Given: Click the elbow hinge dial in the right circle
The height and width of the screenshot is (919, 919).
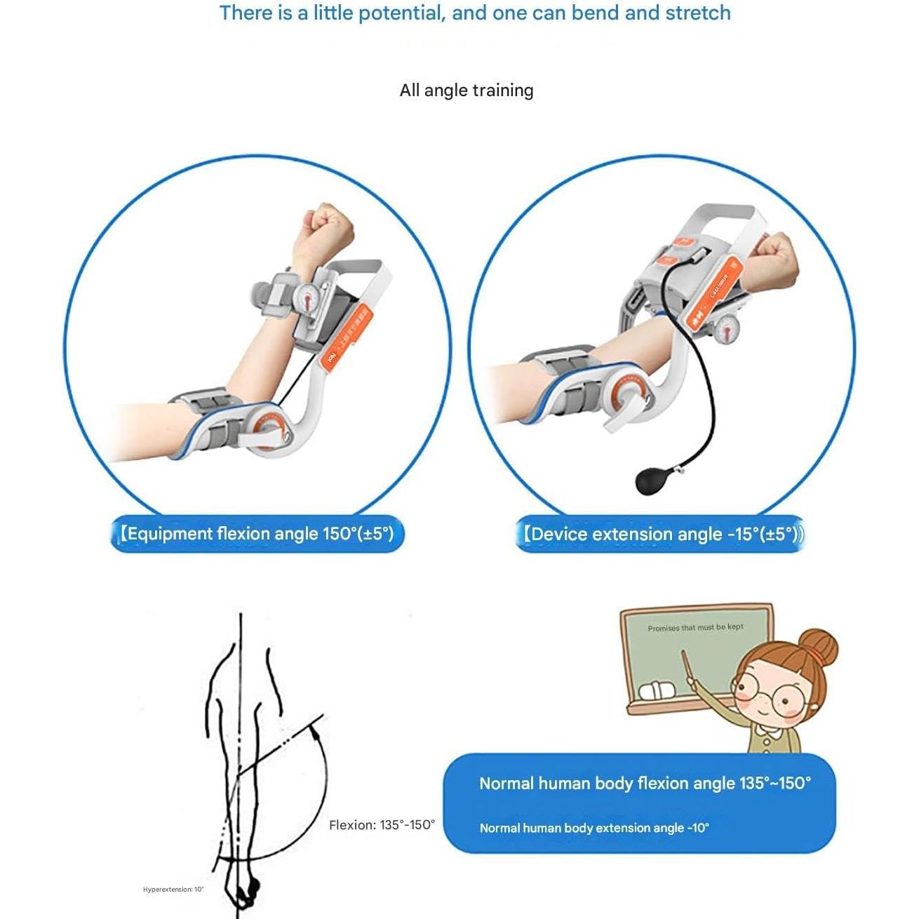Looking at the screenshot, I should coord(628,397).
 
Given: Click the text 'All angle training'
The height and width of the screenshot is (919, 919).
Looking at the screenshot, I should coord(467,90).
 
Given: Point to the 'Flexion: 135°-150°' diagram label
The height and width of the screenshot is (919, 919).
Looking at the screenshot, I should coord(382,825).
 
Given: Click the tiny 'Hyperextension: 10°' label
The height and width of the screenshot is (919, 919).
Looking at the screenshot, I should coord(173,890).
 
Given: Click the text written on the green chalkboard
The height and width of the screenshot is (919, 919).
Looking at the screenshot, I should coord(695,628).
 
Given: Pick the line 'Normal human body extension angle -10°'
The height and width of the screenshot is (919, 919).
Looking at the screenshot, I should coord(594,828).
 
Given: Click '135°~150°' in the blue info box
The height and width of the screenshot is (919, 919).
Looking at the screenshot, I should coord(774,784).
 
